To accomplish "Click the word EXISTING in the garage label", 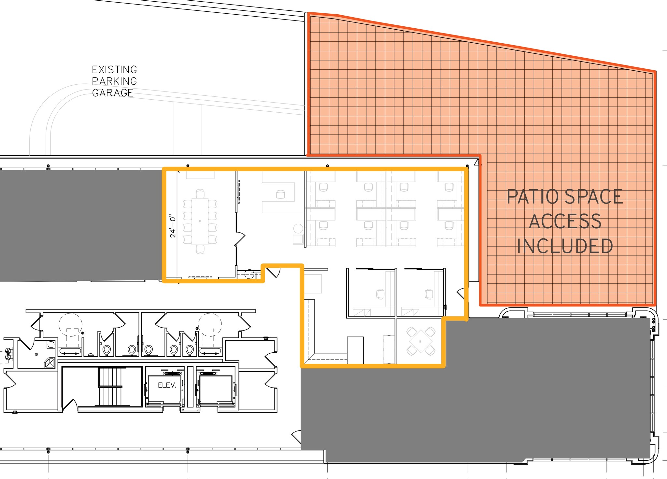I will tap(114, 70).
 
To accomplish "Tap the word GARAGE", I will tap(113, 93).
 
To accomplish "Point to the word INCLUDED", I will tap(565, 246).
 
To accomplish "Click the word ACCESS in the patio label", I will tap(565, 222).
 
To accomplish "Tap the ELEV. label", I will tap(167, 385).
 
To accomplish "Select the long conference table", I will tap(200, 221).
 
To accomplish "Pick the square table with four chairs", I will tap(420, 342).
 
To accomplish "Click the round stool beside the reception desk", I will tap(298, 228).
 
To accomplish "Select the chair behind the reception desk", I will tap(280, 194).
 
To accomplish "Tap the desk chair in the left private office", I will tap(380, 294).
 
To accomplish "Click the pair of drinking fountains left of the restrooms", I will tap(8, 354).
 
